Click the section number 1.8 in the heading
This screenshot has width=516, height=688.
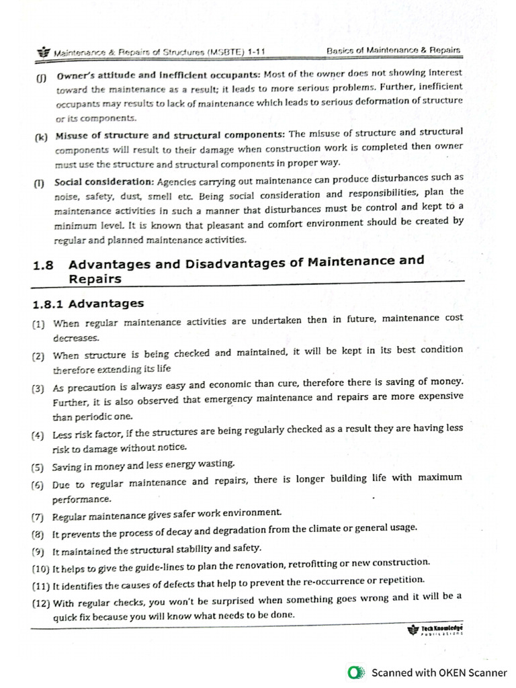tap(43, 265)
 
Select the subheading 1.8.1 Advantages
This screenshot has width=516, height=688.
tap(88, 304)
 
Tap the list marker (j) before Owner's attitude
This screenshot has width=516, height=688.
tap(41, 77)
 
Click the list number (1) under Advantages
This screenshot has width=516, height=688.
tap(39, 325)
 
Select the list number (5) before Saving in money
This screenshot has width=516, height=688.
tap(39, 466)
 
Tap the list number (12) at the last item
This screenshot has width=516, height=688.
tap(41, 603)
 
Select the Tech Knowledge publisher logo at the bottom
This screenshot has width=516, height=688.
tap(435, 630)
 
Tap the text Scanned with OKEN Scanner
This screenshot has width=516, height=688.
tap(439, 672)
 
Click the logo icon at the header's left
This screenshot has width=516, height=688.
tap(44, 52)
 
